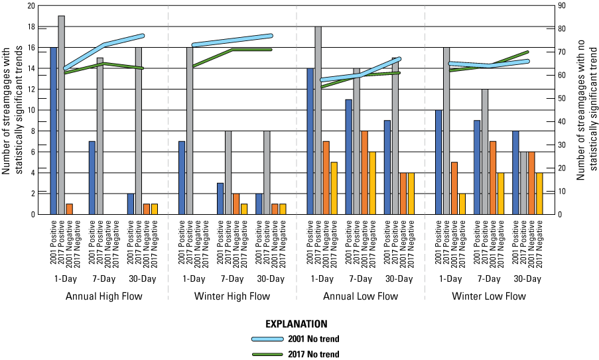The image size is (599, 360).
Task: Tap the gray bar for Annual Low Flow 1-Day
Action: tap(318, 120)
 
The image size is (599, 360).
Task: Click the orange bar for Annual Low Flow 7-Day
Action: tap(364, 172)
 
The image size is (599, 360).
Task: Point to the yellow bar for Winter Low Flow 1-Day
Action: tap(462, 204)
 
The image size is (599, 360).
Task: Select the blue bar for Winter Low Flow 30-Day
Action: tap(516, 172)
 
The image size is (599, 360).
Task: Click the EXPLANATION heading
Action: tap(296, 324)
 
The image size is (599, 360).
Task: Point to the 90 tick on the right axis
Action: tap(561, 6)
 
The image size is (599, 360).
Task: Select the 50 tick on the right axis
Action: tap(561, 99)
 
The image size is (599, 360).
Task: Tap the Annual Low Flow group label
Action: tap(360, 296)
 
